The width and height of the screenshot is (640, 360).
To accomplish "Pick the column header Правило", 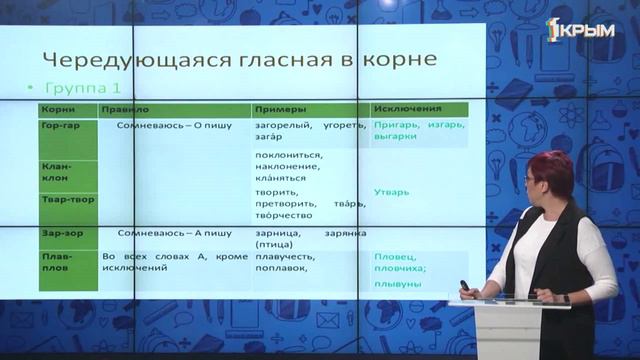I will pyautogui.click(x=124, y=108).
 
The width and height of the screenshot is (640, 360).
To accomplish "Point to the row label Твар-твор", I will pyautogui.click(x=60, y=199).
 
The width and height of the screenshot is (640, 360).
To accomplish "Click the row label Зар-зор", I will pyautogui.click(x=57, y=232).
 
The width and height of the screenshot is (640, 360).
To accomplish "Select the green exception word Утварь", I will pyautogui.click(x=390, y=190).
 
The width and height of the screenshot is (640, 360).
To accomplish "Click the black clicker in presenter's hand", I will pyautogui.click(x=464, y=287).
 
